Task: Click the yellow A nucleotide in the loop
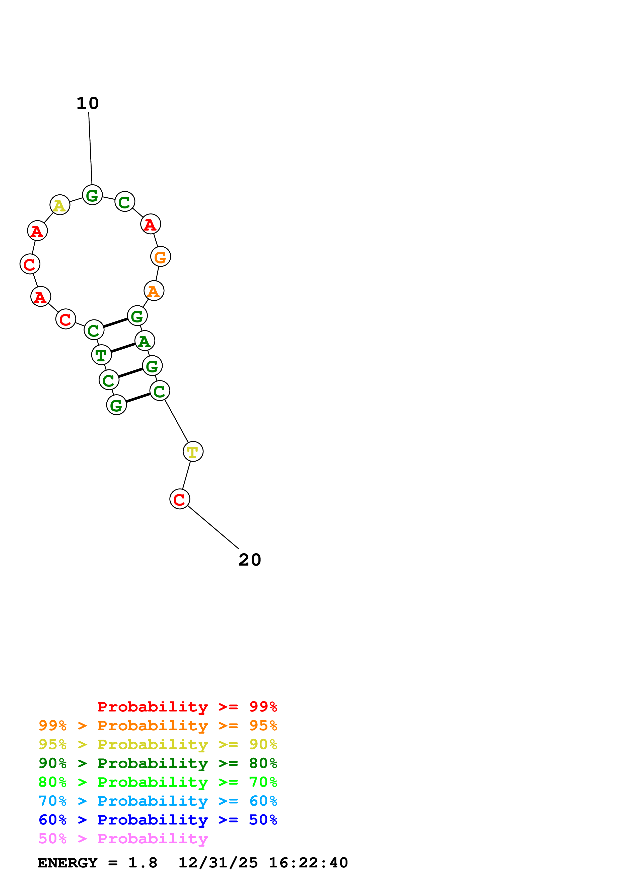pyautogui.click(x=60, y=205)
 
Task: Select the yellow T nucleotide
pyautogui.click(x=193, y=452)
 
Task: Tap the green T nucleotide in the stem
pyautogui.click(x=101, y=355)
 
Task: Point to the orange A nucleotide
pyautogui.click(x=154, y=291)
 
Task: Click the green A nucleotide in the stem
pyautogui.click(x=145, y=341)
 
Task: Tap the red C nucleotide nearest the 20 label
pyautogui.click(x=179, y=499)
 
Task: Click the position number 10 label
pyautogui.click(x=88, y=103)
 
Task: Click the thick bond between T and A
pyautogui.click(x=123, y=348)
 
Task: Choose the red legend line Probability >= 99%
pyautogui.click(x=187, y=706)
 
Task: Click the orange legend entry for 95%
pyautogui.click(x=158, y=726)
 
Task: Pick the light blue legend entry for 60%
pyautogui.click(x=158, y=801)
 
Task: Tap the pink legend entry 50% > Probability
pyautogui.click(x=123, y=838)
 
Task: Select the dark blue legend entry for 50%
pyautogui.click(x=158, y=820)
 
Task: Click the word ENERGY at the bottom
pyautogui.click(x=67, y=863)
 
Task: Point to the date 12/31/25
pyautogui.click(x=218, y=863)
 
